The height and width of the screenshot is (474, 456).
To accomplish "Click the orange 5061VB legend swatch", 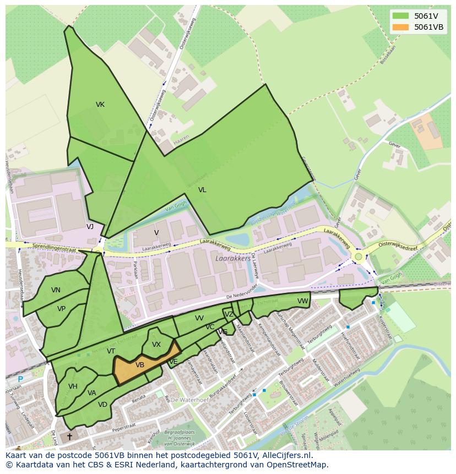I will (400, 27).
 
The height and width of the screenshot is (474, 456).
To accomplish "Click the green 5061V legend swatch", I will (400, 16).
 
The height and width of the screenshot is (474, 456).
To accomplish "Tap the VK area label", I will (100, 105).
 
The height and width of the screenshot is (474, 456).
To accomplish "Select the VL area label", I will (202, 190).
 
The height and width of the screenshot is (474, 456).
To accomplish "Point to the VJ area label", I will (90, 226).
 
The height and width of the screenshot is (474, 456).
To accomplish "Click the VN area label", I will (56, 290).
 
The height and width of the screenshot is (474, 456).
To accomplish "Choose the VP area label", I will (61, 309).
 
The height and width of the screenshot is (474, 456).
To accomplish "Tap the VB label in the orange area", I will (140, 365).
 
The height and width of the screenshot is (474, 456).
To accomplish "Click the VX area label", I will (156, 345).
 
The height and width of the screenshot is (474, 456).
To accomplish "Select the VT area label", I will (111, 351).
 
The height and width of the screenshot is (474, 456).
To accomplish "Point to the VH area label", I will (73, 386).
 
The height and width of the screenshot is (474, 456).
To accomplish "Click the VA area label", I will (91, 393).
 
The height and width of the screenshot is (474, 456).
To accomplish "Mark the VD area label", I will (102, 405).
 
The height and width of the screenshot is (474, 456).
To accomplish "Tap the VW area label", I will (302, 301).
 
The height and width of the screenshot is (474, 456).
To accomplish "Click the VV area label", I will (199, 318).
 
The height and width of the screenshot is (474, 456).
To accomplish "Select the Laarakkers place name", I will (233, 257).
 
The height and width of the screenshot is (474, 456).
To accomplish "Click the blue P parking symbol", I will (20, 379).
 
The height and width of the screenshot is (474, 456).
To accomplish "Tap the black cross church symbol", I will (69, 437).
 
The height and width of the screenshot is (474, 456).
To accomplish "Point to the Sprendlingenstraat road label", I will (53, 247).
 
